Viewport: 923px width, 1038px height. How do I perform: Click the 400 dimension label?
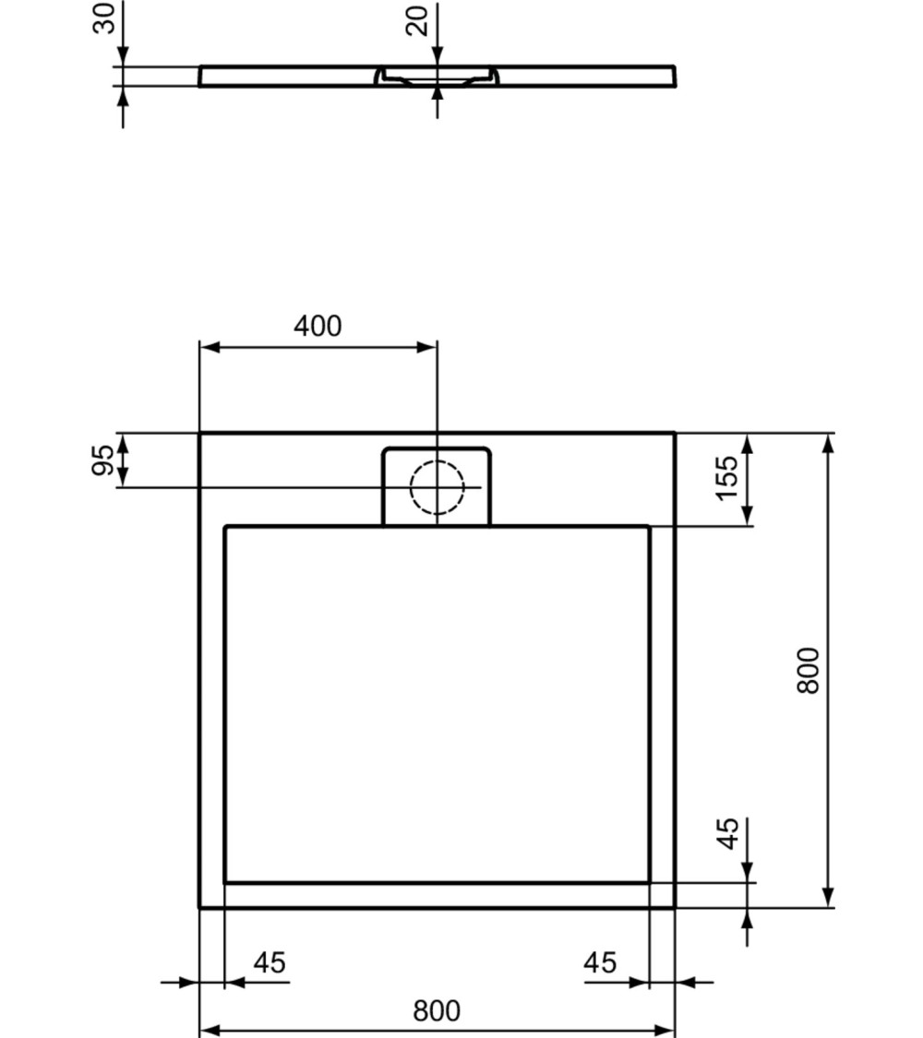click(318, 326)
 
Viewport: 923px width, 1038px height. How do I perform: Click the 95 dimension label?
click(106, 459)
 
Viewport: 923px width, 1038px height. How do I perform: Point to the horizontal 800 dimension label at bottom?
click(436, 1011)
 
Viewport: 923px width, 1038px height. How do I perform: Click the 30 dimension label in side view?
click(106, 18)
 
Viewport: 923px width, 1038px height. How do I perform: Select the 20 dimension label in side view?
click(420, 18)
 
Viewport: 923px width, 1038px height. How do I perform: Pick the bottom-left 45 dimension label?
click(270, 963)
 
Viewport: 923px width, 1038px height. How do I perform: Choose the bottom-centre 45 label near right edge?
click(600, 963)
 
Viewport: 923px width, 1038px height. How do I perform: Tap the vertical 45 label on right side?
click(728, 835)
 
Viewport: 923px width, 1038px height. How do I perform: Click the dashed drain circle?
click(437, 485)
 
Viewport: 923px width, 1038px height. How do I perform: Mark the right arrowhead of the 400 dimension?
click(426, 348)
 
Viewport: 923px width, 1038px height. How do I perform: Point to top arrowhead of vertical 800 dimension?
click(829, 443)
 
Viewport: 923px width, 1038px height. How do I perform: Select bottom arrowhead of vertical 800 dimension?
click(829, 897)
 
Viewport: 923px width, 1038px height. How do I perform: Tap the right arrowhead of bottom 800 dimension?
click(665, 1030)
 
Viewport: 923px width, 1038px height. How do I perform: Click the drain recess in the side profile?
click(437, 77)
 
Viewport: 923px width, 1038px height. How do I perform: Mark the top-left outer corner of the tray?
click(200, 433)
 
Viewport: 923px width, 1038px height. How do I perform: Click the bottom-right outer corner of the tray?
click(675, 907)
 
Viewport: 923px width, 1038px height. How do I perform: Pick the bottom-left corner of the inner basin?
click(225, 882)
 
